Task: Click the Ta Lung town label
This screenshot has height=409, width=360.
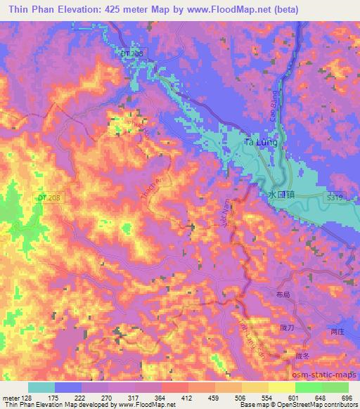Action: click(x=259, y=143)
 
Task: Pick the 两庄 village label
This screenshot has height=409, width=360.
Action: click(x=337, y=332)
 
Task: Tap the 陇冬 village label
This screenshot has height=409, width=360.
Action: click(x=302, y=356)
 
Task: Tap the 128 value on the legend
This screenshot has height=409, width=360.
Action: click(x=29, y=398)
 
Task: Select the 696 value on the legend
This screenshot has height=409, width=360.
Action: click(x=347, y=398)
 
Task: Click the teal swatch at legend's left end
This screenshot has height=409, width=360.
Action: click(x=41, y=387)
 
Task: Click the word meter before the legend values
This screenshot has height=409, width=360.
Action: click(x=12, y=398)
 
